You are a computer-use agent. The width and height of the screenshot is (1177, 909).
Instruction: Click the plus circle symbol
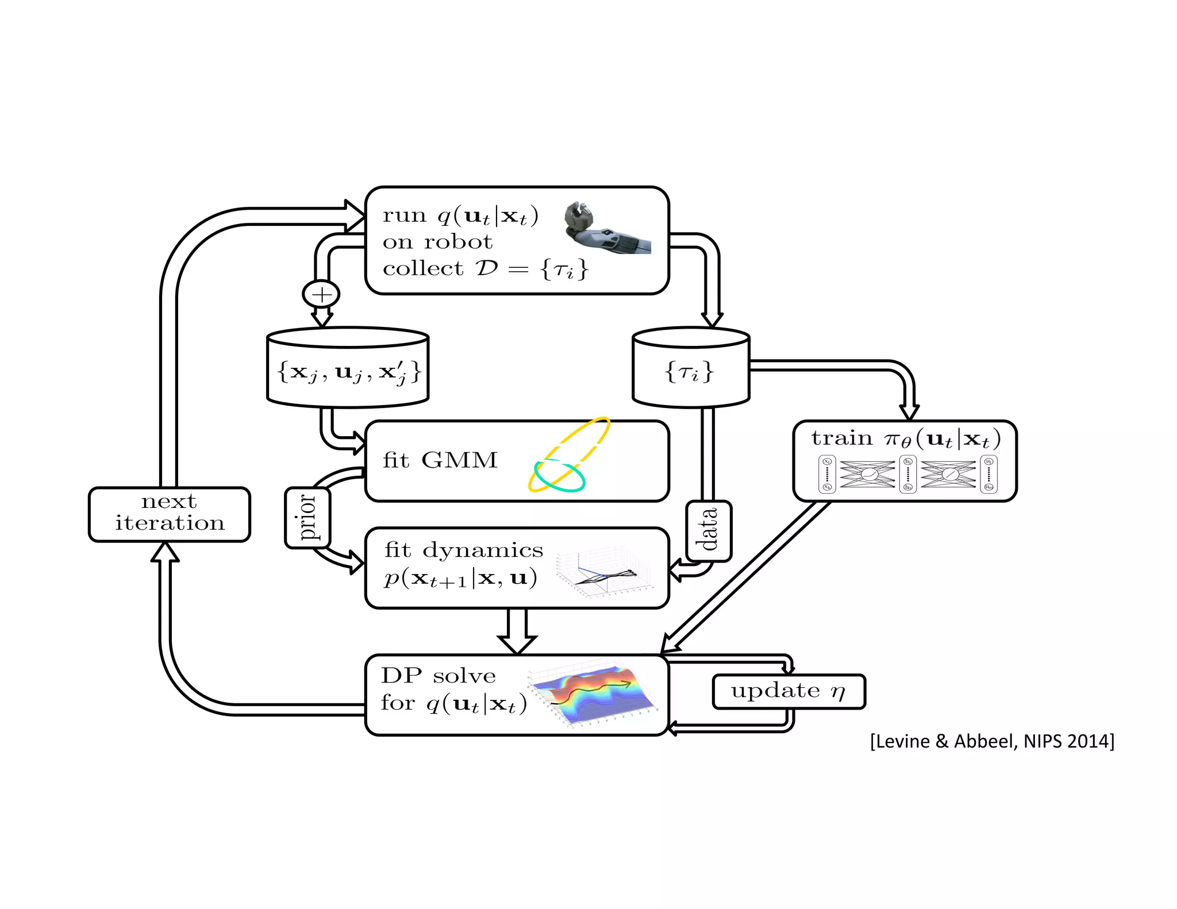click(x=321, y=294)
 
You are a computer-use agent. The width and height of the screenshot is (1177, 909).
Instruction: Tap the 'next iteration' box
click(x=169, y=514)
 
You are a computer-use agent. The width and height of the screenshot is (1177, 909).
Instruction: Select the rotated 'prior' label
click(x=308, y=518)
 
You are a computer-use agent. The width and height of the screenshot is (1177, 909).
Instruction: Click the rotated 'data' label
click(x=709, y=530)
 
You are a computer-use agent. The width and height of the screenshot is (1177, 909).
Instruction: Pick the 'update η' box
click(x=788, y=691)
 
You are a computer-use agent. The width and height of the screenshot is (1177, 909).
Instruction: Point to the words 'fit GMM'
click(x=440, y=460)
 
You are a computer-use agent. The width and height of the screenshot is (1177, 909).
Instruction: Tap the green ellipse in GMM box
click(x=559, y=476)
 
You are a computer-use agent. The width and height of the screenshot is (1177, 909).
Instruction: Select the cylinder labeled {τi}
click(x=690, y=368)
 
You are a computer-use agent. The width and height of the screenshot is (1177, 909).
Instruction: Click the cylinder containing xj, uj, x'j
click(x=348, y=368)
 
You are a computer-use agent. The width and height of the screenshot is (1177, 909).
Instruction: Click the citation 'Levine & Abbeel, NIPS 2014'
click(x=992, y=741)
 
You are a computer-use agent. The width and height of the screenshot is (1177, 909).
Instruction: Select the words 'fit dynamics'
click(x=463, y=550)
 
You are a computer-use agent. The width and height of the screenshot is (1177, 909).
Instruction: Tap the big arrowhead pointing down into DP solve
click(x=517, y=644)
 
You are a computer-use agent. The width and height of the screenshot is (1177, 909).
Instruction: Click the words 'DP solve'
click(x=438, y=675)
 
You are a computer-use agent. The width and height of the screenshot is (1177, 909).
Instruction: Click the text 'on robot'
click(x=437, y=242)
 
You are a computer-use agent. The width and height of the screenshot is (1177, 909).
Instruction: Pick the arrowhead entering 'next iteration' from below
click(x=165, y=553)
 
